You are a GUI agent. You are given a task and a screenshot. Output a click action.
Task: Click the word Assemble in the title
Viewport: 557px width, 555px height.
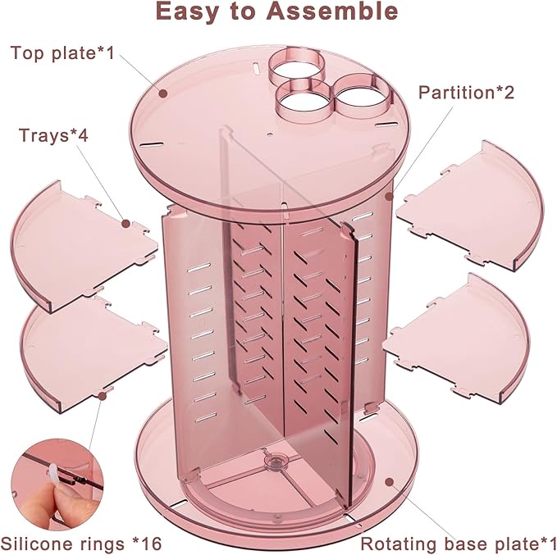331,11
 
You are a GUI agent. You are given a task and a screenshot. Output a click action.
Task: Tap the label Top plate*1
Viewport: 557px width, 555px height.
62,53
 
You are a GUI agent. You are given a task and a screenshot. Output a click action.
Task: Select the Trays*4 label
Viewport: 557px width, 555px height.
53,135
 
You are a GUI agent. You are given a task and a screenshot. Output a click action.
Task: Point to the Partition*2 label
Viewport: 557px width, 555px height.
466,93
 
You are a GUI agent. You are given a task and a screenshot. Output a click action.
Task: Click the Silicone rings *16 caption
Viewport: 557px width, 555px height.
81,544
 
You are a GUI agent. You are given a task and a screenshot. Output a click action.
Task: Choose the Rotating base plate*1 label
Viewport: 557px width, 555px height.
459,544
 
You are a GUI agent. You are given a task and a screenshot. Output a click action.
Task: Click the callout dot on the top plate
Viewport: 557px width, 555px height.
163,93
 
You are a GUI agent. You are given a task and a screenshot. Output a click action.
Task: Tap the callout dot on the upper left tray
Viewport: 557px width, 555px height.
126,223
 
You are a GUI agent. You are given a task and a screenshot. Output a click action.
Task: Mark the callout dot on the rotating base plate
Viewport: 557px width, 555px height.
390,481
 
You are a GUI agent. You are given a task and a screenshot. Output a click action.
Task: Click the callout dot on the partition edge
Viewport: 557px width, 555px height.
390,196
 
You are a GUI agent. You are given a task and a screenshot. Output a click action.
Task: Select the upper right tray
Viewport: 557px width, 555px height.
469,206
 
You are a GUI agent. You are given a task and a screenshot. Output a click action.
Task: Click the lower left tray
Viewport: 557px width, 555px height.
94,353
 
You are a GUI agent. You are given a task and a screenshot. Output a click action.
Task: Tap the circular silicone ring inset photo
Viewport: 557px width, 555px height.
57,484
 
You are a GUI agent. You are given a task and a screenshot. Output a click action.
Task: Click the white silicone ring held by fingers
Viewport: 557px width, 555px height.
53,473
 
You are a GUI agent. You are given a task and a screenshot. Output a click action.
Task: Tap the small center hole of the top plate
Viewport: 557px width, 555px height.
270,135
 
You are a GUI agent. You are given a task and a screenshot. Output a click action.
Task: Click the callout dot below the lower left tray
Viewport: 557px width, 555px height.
103,396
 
